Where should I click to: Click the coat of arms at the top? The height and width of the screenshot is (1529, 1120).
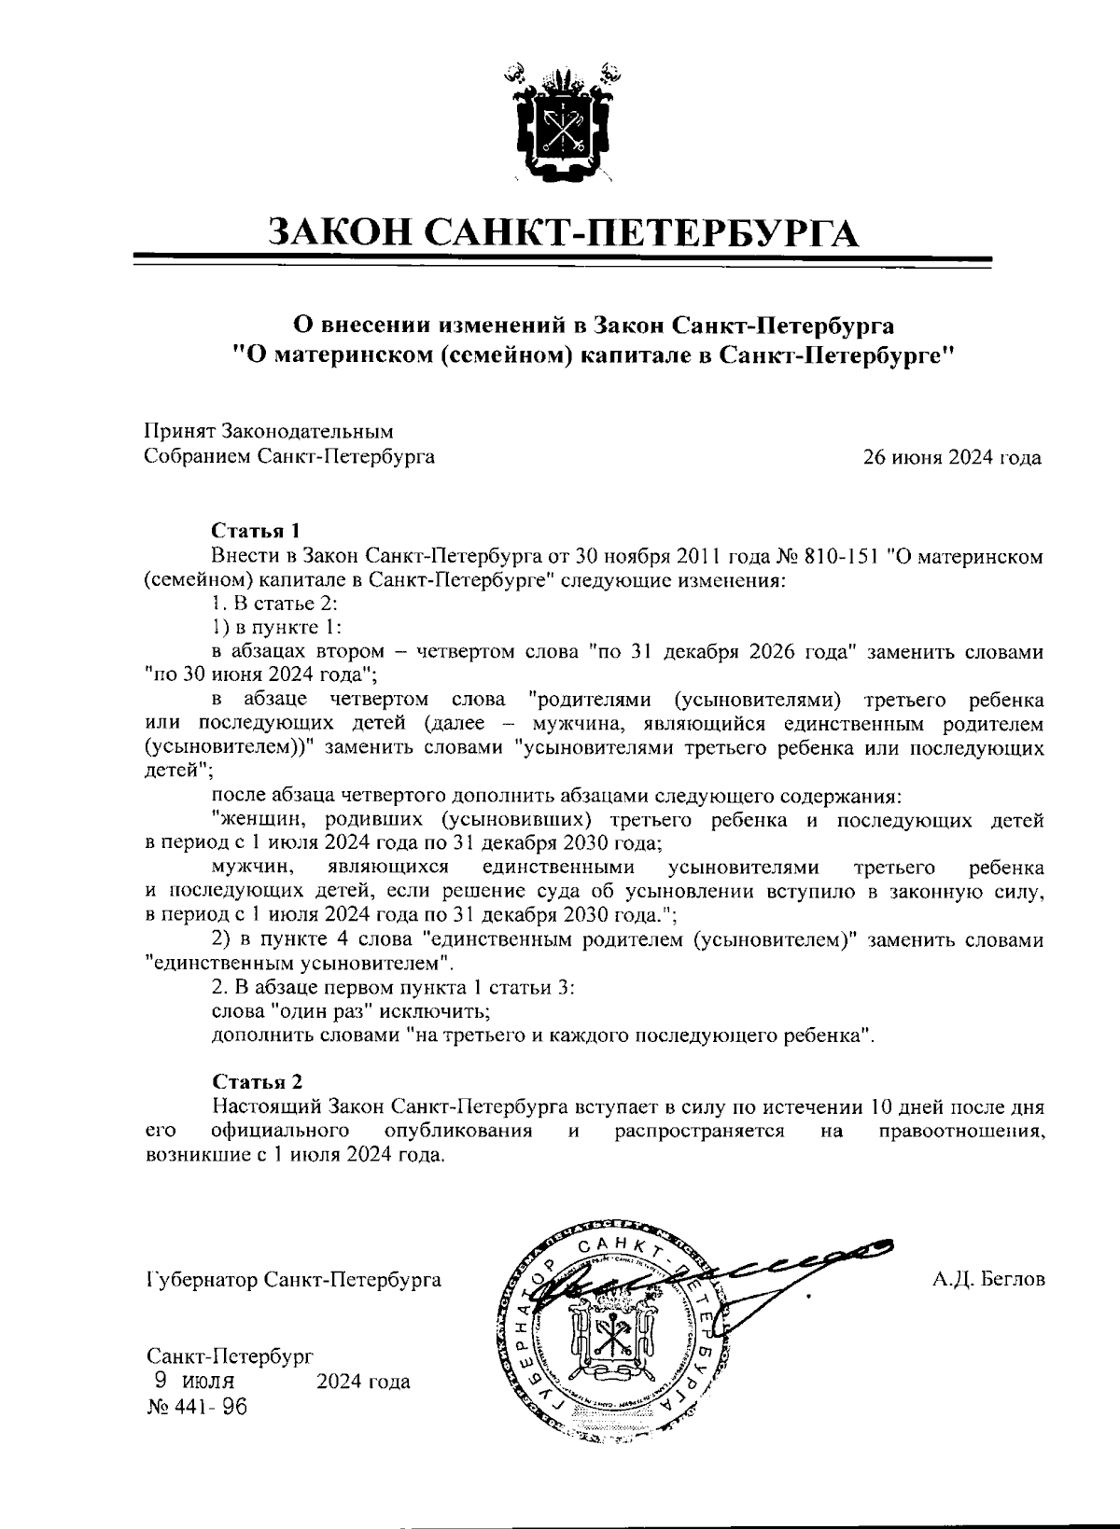click(x=560, y=121)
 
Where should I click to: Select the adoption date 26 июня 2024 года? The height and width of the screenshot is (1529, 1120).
click(x=952, y=458)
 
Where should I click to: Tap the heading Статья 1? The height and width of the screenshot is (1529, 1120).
click(x=257, y=532)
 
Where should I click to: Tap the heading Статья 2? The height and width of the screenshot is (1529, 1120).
click(x=257, y=1082)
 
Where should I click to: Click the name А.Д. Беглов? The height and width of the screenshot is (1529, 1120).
click(x=988, y=1278)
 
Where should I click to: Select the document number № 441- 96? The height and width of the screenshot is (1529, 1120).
click(x=197, y=1407)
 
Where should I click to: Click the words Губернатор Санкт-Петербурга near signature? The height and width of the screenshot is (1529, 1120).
click(x=293, y=1279)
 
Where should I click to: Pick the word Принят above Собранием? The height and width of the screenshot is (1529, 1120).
click(x=177, y=432)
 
